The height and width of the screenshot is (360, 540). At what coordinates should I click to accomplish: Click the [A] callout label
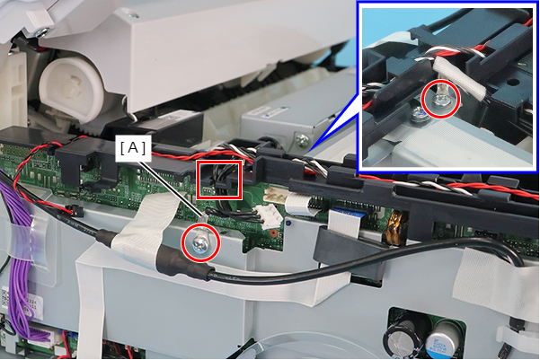coord(133,148)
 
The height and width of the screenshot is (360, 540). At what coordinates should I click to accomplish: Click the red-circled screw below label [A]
coord(200,242)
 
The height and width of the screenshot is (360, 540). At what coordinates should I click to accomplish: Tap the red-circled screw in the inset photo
coord(441,101)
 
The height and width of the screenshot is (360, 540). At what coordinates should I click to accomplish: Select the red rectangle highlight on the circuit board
coord(219,180)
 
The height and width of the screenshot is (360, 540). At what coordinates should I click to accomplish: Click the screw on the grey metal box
coord(302,140)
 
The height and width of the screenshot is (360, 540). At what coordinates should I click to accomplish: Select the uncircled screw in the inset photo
coord(420,113)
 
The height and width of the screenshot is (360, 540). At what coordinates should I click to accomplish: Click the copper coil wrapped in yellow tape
coord(394,227)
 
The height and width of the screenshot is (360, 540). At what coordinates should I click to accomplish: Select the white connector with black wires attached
coord(270,215)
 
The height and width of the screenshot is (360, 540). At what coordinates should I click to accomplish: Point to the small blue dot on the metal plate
coord(288,223)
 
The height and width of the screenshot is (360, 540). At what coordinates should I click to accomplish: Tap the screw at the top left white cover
coord(42,32)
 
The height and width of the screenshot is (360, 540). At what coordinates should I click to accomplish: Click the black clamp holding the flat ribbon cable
coord(348,255)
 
